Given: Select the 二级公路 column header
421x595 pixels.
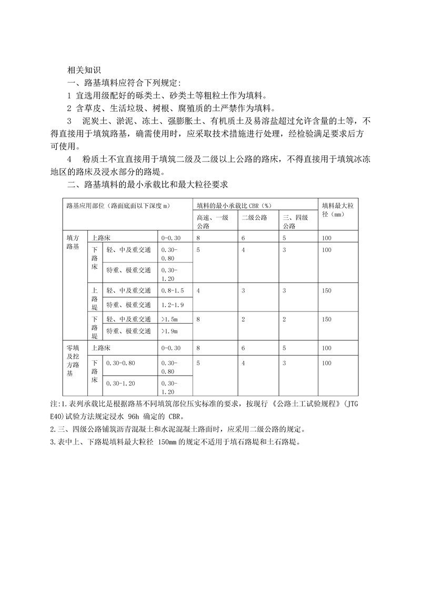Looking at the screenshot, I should [x=255, y=217].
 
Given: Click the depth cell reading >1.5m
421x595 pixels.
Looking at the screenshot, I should [x=169, y=319].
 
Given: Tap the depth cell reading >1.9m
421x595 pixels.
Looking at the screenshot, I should [x=169, y=331].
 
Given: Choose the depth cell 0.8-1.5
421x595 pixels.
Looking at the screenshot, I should [x=173, y=290].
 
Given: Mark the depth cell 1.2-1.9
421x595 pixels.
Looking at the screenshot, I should [x=173, y=305].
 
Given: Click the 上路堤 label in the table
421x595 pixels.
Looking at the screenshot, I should [x=95, y=297].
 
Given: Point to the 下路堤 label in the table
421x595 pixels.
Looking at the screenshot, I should [x=95, y=327].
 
